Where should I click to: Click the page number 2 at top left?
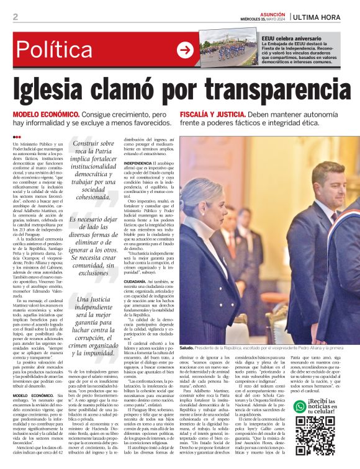(16, 17)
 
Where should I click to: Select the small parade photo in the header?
(229, 50)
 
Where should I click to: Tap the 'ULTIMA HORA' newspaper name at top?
(320, 17)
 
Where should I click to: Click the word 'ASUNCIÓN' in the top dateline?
(272, 13)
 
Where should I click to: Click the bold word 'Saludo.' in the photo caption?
(187, 348)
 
